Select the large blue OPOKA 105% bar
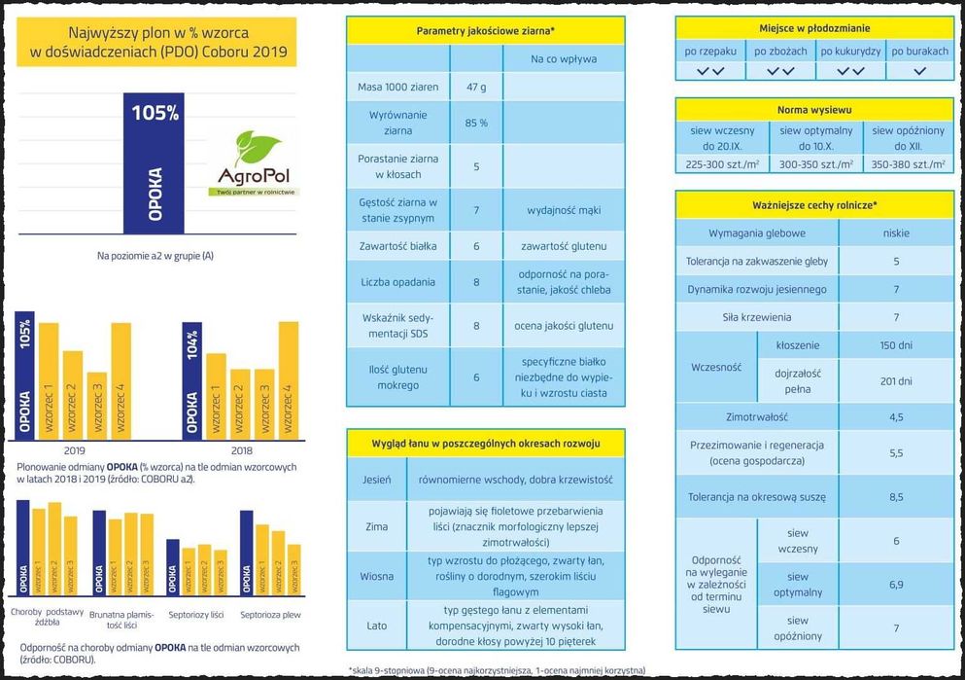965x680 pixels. pos(155,164)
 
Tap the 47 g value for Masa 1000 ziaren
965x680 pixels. pos(476,87)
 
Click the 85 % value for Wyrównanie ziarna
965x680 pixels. pos(476,123)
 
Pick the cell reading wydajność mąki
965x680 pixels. pos(563,209)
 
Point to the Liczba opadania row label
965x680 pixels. pos(398,282)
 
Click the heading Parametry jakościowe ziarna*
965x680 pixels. pos(485,31)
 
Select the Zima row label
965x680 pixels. pos(375,526)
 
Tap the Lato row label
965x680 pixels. pos(375,626)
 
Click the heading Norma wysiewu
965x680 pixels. pos(814,110)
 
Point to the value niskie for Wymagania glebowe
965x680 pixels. pos(896,233)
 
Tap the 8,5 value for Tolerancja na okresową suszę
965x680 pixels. pos(896,497)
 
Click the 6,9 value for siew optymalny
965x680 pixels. pos(896,584)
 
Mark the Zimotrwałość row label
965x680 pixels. pos(756,416)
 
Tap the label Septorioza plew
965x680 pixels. pos(270,614)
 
